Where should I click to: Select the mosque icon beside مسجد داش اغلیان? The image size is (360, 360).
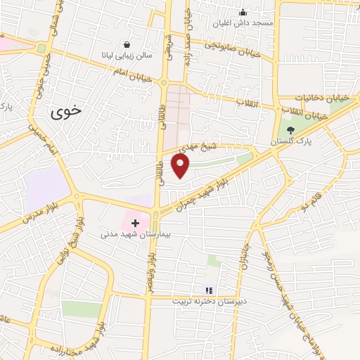tap(243, 11)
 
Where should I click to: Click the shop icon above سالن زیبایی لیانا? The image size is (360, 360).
tap(127, 43)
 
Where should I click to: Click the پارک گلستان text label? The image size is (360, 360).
tap(292, 142)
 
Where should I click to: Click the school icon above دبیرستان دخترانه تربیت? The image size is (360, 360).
tap(208, 290)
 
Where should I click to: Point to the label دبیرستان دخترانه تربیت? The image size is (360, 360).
tap(208, 300)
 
